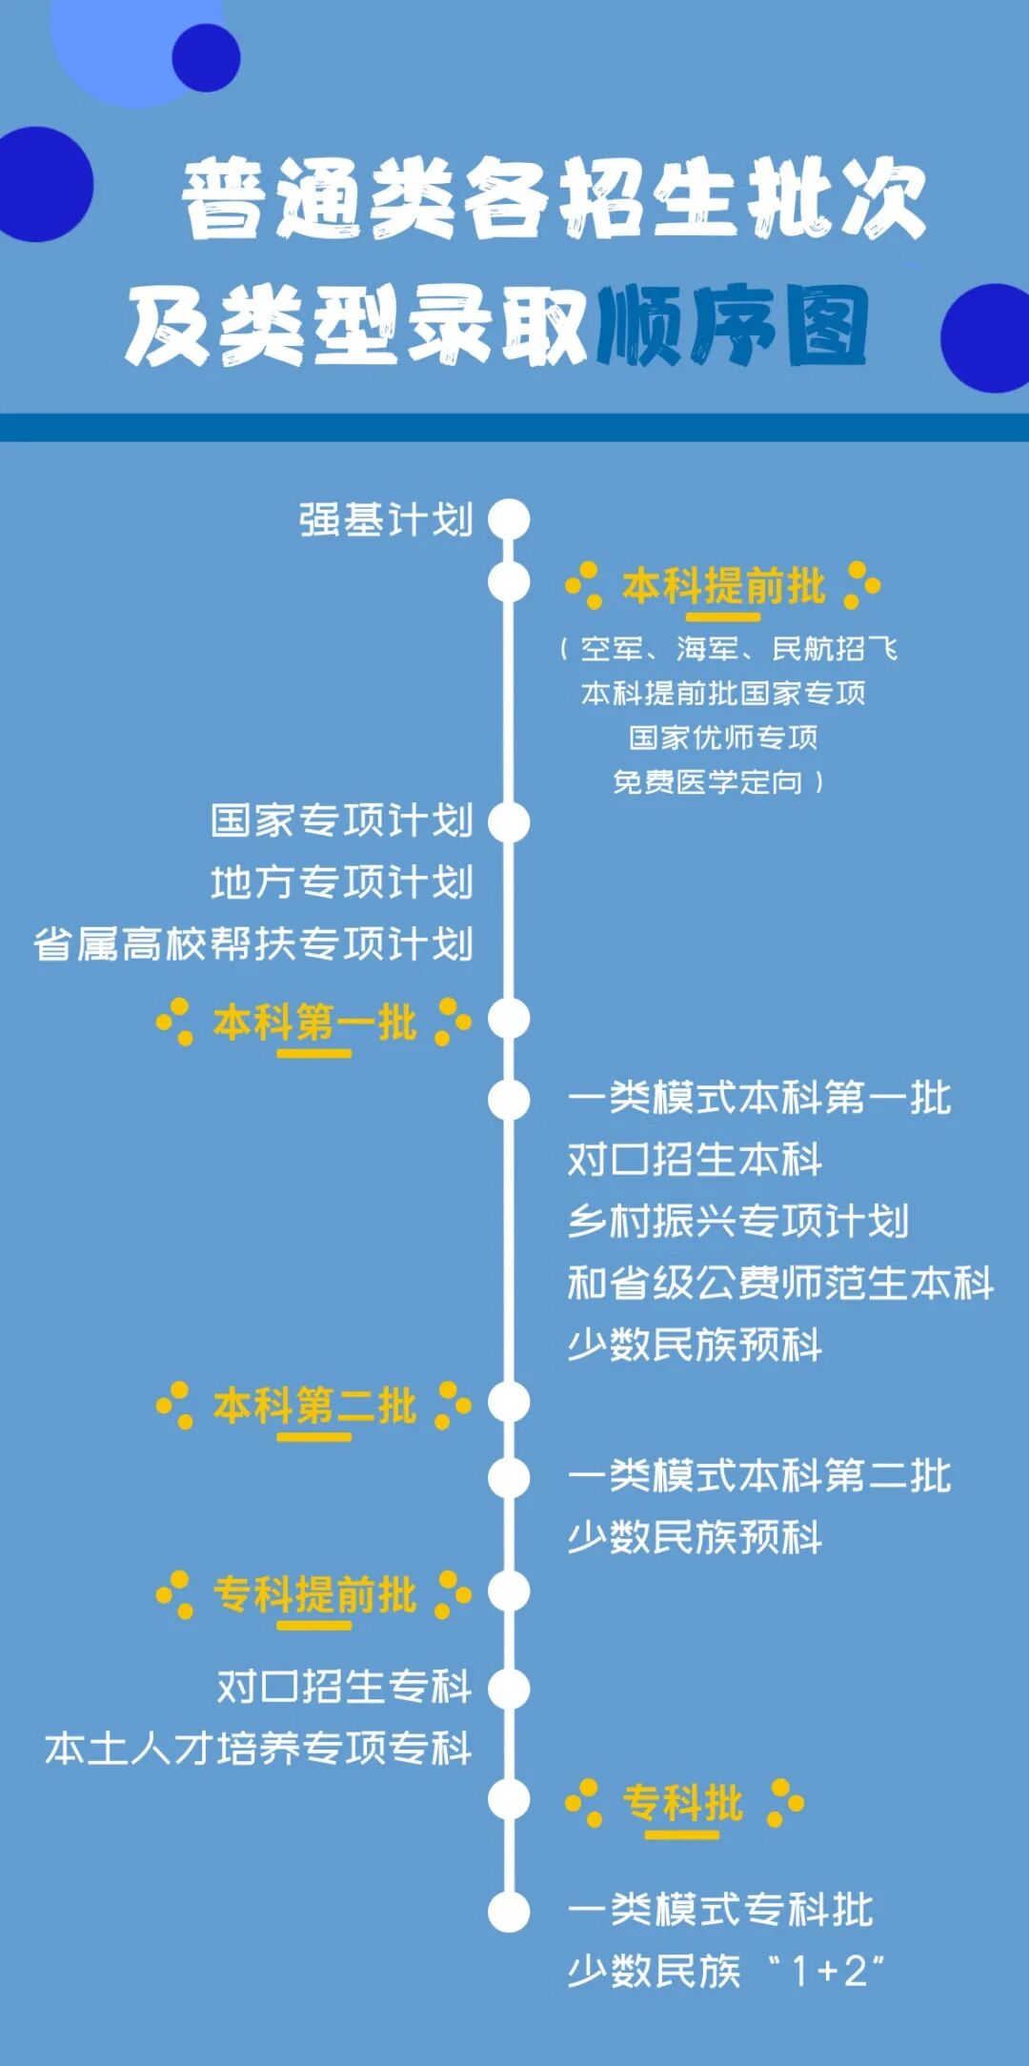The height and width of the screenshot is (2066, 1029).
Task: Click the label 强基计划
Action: pyautogui.click(x=386, y=520)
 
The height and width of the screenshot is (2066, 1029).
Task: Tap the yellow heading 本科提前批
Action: pyautogui.click(x=723, y=585)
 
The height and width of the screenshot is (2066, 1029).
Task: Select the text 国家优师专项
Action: pyautogui.click(x=723, y=737)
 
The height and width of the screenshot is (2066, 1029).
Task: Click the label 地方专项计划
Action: pyautogui.click(x=341, y=881)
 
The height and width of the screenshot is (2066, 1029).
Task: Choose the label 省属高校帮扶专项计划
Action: pyautogui.click(x=253, y=943)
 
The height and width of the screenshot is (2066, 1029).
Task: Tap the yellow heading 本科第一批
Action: pyautogui.click(x=314, y=1023)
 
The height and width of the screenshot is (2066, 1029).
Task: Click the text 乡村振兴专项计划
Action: pyautogui.click(x=738, y=1221)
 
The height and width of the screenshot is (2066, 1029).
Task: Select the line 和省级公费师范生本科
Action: pyautogui.click(x=780, y=1283)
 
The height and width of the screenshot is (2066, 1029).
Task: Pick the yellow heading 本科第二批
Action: pyautogui.click(x=314, y=1406)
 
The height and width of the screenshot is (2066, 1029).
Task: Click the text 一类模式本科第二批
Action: pyautogui.click(x=759, y=1476)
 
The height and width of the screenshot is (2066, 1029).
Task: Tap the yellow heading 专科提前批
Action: pyautogui.click(x=314, y=1594)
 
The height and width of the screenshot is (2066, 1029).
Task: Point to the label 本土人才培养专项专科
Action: pyautogui.click(x=258, y=1749)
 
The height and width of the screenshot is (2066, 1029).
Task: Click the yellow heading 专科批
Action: pyautogui.click(x=683, y=1802)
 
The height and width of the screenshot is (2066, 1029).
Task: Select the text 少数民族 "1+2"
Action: pyautogui.click(x=726, y=1970)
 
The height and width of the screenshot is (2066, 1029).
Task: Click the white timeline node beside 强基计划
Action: pyautogui.click(x=509, y=519)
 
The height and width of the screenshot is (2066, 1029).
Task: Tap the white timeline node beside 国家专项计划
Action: pyautogui.click(x=509, y=821)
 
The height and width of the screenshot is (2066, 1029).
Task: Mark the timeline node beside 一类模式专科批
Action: pyautogui.click(x=509, y=1911)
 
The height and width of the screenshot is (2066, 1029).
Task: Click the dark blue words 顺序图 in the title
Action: pyautogui.click(x=732, y=327)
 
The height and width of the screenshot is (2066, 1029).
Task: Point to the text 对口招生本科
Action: pyautogui.click(x=695, y=1160)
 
